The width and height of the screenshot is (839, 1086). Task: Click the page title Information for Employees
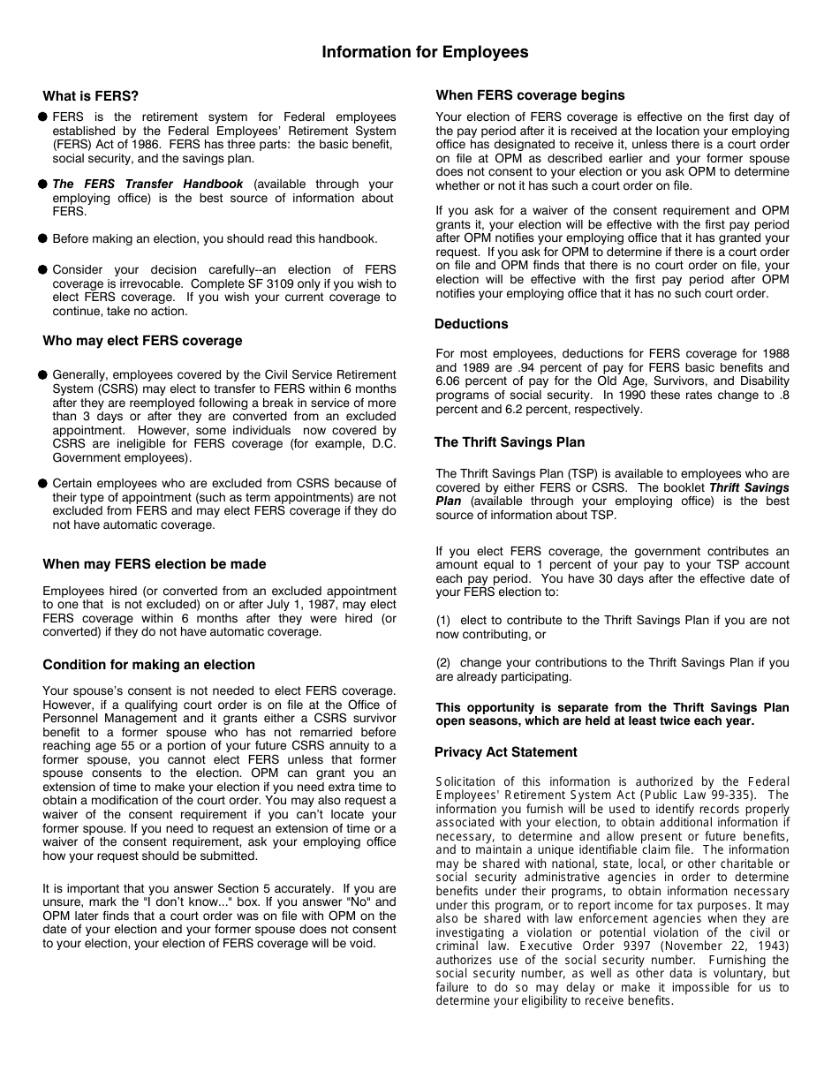tap(425, 52)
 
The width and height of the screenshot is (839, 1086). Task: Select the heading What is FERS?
tap(91, 96)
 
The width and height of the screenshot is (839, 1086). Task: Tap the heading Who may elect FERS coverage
tap(142, 341)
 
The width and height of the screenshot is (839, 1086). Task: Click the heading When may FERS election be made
tap(154, 564)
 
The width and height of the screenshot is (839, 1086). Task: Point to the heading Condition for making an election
tap(148, 665)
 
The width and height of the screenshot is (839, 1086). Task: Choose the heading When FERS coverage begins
tap(530, 95)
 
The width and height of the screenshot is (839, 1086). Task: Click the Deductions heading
tap(471, 324)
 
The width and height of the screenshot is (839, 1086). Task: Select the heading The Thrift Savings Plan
tap(509, 442)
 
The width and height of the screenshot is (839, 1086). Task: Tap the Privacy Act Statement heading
tap(505, 752)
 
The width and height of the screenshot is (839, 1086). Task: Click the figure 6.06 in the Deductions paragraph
tap(450, 381)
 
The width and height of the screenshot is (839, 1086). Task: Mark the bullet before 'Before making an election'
tap(42, 239)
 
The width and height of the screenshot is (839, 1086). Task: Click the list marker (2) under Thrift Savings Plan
tap(443, 663)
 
